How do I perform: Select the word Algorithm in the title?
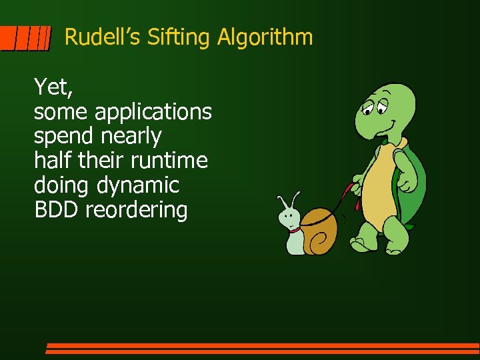265,37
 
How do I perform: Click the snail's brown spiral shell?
319,230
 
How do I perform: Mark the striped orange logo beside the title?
25,39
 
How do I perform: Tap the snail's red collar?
295,230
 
